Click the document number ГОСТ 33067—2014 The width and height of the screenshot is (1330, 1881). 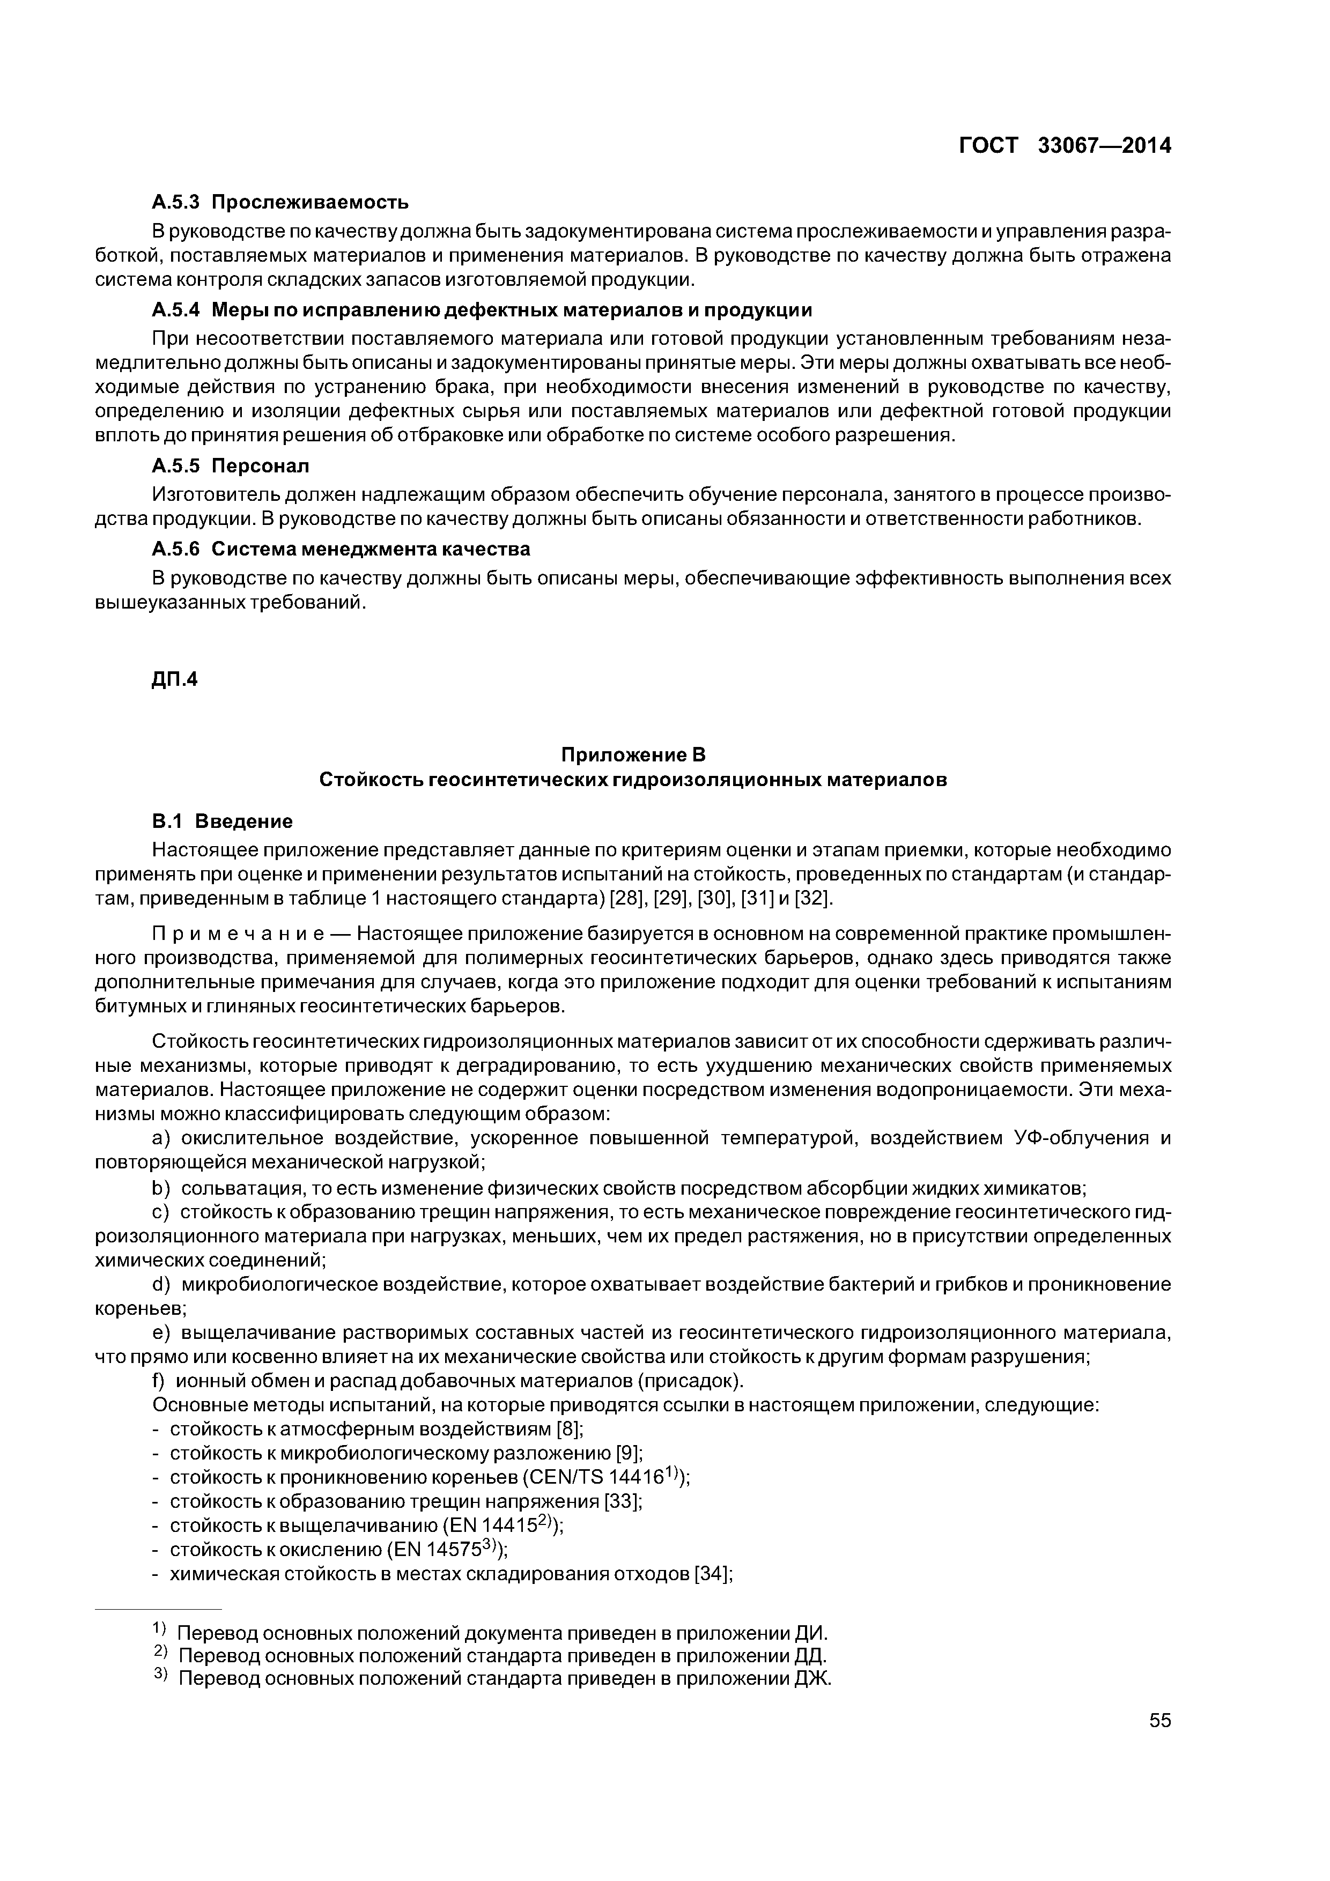coord(1065,146)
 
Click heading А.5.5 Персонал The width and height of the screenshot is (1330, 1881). coord(230,466)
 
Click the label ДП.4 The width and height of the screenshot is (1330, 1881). coord(174,679)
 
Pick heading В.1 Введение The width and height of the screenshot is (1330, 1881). coord(222,821)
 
